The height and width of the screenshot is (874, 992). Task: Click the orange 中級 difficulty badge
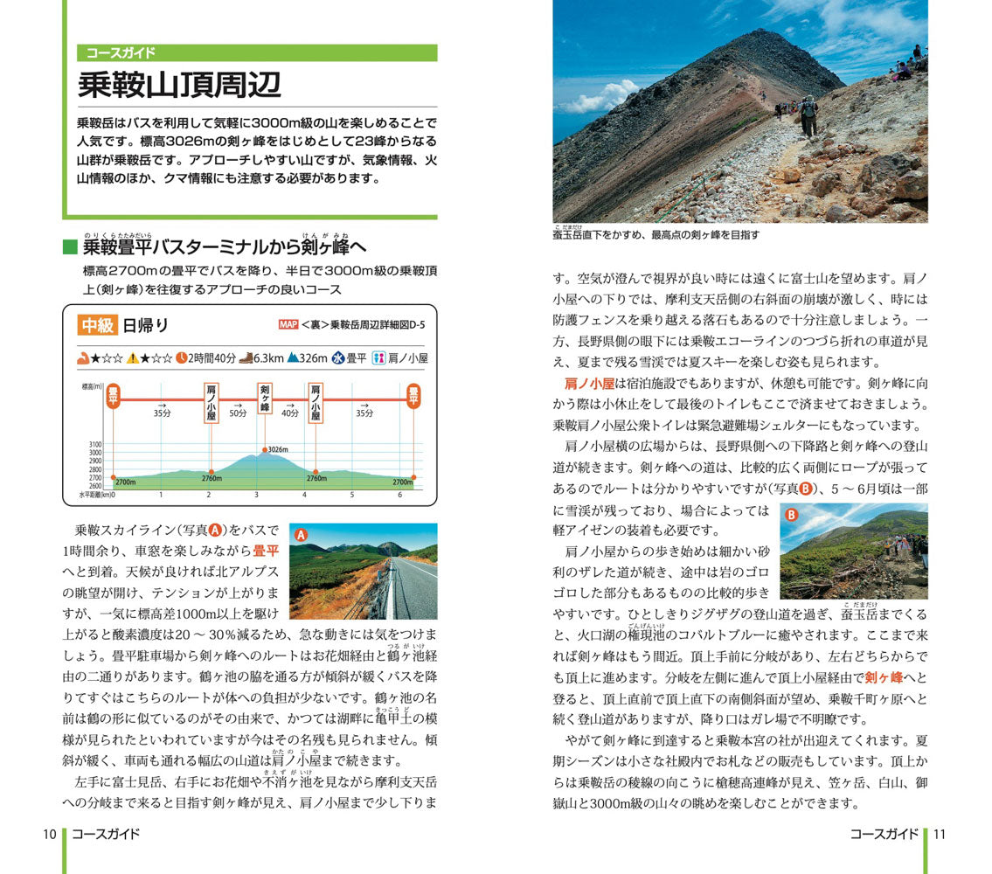tap(98, 326)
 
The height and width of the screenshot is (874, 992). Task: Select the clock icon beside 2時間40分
tap(181, 357)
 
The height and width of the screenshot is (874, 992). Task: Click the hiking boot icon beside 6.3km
tap(248, 357)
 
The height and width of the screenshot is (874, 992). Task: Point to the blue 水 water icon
tap(337, 357)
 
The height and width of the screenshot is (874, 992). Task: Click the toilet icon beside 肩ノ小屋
tap(378, 357)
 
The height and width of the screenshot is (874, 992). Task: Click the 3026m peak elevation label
tap(278, 450)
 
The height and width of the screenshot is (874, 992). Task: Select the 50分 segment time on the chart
tap(239, 413)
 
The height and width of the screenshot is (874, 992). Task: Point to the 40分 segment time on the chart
tap(290, 413)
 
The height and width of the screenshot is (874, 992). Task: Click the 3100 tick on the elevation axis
tap(95, 445)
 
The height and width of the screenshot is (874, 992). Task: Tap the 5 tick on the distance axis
tap(352, 495)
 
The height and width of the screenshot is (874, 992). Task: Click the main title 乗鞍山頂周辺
tap(179, 85)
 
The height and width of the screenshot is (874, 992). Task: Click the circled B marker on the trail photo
tap(791, 515)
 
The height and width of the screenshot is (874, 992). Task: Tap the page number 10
tap(50, 834)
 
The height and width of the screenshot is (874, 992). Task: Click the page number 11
tap(940, 834)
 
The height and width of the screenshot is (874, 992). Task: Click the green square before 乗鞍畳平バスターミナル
tap(70, 248)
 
